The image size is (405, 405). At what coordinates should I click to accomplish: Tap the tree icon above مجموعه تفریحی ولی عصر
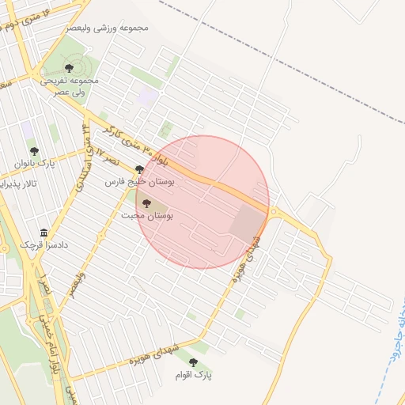[x=69, y=68]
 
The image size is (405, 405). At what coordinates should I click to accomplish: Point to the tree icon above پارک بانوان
[x=33, y=150]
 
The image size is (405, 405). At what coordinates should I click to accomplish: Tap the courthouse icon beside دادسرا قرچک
[x=44, y=234]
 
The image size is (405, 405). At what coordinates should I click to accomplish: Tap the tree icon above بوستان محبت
[x=146, y=203]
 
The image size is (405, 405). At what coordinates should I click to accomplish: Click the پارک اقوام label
[x=195, y=376]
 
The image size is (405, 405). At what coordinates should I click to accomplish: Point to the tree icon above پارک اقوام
[x=193, y=362]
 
